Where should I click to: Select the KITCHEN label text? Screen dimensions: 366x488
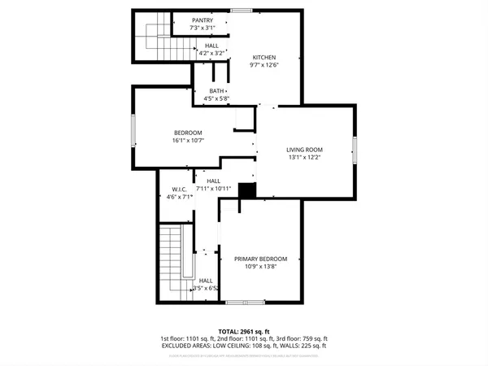264,57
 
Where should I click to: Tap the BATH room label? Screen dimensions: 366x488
216,90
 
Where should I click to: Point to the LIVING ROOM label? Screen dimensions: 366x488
304,150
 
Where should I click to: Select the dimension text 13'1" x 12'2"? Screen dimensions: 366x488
304,158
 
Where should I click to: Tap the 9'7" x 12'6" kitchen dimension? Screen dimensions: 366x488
264,66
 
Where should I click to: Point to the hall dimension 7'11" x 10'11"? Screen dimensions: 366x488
214,189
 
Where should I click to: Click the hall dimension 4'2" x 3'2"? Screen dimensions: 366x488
211,54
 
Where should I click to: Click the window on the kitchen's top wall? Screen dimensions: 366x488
241,11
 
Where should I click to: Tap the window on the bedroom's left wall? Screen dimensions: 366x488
133,129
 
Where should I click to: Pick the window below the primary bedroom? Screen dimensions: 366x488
245,303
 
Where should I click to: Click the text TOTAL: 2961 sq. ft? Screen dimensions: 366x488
244,330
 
